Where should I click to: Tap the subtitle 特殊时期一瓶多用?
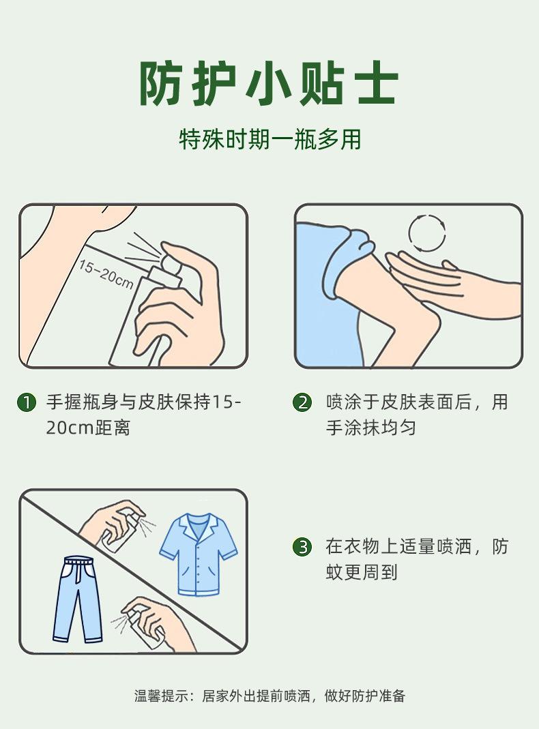tap(269, 139)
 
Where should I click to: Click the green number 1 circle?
tap(27, 402)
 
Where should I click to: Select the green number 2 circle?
tap(302, 402)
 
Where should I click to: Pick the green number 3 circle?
tap(302, 547)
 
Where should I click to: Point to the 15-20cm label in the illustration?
tap(106, 274)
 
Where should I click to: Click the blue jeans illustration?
tap(78, 599)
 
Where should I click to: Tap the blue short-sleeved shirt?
tap(199, 554)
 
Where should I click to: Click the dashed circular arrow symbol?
tap(427, 233)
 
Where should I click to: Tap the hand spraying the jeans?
tap(158, 623)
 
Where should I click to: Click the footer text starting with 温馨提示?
tap(269, 696)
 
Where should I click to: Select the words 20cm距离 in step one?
tap(88, 428)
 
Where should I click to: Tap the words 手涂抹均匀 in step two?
tap(370, 428)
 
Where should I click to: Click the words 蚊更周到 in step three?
tap(362, 572)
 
